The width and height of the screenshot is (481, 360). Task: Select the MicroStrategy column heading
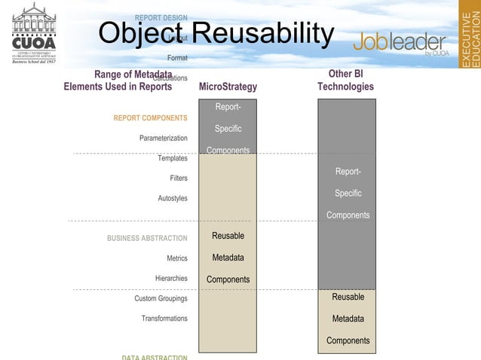[x=228, y=87]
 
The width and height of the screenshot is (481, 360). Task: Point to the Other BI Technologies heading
[x=346, y=81]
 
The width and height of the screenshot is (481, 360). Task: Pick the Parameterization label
[x=164, y=138]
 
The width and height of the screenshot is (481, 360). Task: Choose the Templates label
[x=173, y=158]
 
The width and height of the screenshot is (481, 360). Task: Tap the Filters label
[x=178, y=178]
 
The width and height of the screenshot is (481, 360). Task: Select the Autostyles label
[x=173, y=198]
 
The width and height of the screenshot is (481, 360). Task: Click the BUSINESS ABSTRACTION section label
[x=147, y=239]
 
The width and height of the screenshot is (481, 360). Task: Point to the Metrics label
[x=177, y=258]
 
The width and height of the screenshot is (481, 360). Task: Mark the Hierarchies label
[x=171, y=279]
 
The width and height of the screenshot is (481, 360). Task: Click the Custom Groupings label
[x=161, y=299]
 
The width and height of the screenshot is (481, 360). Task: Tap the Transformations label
[x=164, y=319]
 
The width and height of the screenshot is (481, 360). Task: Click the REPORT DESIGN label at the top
[x=161, y=17]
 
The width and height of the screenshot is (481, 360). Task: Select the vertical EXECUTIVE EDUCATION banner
[x=470, y=34]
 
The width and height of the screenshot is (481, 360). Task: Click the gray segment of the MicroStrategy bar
[x=228, y=127]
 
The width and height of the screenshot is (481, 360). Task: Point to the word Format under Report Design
[x=178, y=57]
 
